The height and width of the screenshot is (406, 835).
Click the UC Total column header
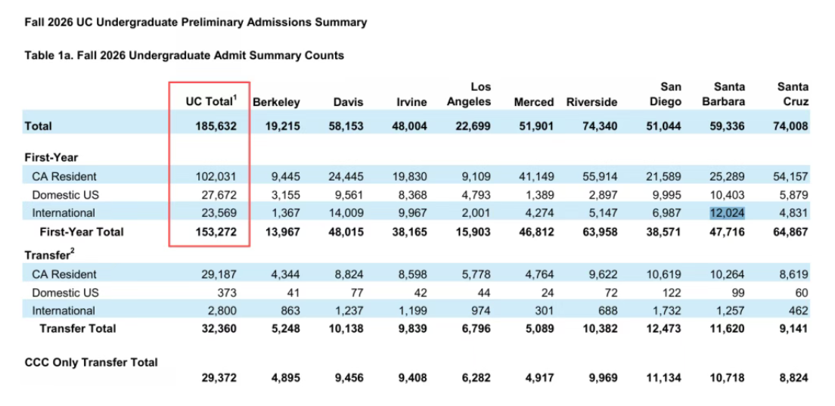[210, 101]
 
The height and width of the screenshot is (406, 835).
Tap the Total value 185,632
[215, 127]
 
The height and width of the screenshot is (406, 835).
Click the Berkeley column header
[276, 102]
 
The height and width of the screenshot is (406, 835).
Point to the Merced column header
[533, 102]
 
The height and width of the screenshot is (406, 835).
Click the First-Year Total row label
[82, 232]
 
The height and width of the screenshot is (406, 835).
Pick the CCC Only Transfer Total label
[91, 363]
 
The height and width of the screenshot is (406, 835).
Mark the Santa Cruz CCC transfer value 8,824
[793, 378]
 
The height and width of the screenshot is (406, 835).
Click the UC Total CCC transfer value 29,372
[219, 378]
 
